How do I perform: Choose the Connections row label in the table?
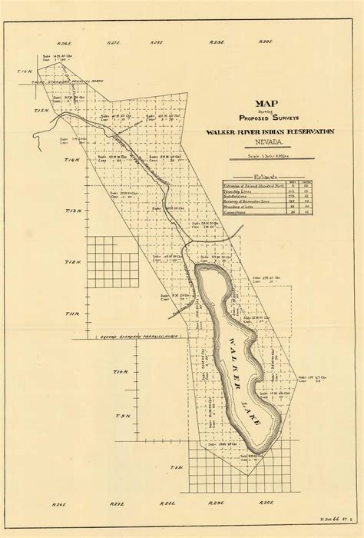coord(240,212)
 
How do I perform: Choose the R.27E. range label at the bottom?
coord(116,503)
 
